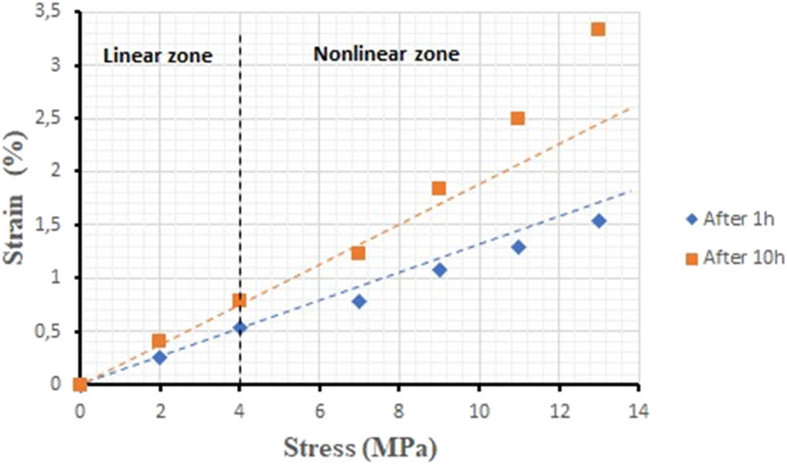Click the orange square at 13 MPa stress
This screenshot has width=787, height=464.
tap(597, 29)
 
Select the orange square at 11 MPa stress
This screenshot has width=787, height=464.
tap(518, 118)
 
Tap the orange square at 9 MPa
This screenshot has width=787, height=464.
tap(438, 189)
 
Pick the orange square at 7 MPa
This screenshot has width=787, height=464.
tap(358, 253)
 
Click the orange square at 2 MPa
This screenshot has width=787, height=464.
tap(159, 340)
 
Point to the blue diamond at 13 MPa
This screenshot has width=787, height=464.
tap(598, 221)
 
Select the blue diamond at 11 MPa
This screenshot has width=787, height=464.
tap(518, 247)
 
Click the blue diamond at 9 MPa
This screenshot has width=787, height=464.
tap(438, 270)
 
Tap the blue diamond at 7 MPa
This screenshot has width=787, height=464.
tap(358, 302)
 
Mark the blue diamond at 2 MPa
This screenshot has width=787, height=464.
tap(159, 357)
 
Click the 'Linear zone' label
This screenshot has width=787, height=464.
tap(158, 56)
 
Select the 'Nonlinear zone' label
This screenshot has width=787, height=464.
tap(386, 55)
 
